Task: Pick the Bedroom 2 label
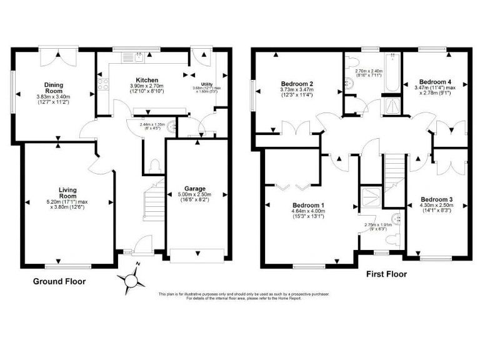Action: click(297, 84)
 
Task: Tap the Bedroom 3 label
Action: click(436, 199)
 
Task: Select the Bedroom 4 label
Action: click(435, 82)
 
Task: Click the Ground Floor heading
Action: click(59, 282)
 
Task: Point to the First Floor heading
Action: click(387, 274)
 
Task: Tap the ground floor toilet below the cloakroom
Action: click(154, 166)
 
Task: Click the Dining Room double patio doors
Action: click(57, 57)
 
